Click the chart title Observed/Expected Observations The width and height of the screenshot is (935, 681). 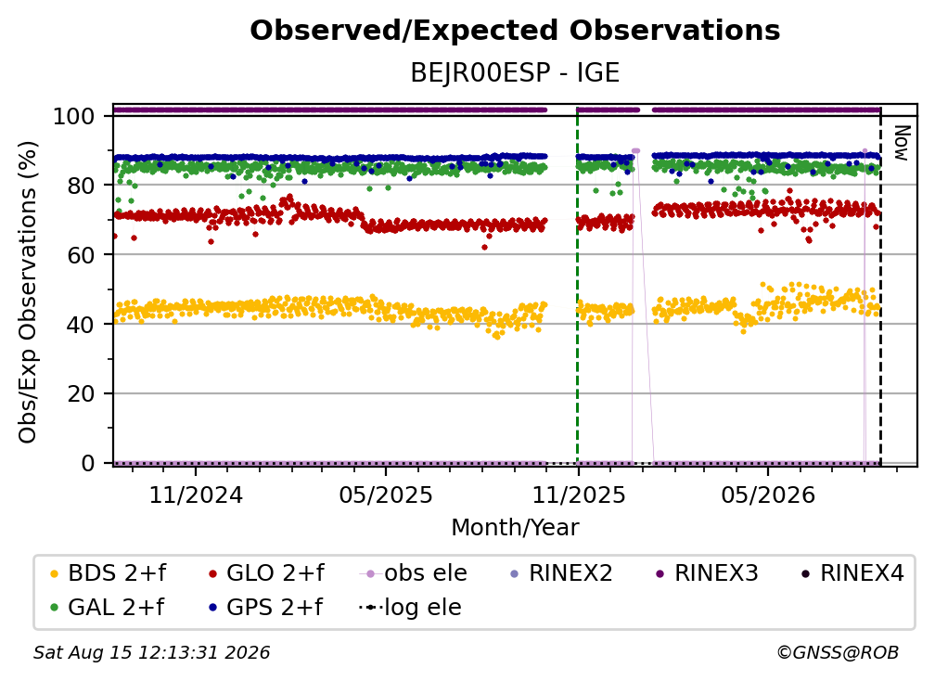coord(515,31)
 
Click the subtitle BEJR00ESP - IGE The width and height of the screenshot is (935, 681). coord(515,72)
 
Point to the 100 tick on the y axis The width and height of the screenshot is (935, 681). coord(74,116)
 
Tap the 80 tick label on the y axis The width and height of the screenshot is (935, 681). coord(81,186)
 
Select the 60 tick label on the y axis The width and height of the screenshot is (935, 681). coord(81,255)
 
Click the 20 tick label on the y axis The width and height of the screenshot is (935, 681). coord(81,394)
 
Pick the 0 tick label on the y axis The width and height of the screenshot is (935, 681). coord(88,463)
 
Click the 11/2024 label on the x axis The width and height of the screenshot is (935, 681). coord(197,495)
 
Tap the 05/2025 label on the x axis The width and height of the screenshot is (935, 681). coord(386,495)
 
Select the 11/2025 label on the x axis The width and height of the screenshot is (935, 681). coord(579,495)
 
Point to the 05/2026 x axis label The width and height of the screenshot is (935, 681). coord(768,495)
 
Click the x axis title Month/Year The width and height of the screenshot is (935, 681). coord(515,528)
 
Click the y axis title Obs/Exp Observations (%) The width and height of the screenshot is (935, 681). coord(28,292)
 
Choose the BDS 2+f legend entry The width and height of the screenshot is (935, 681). coord(108,573)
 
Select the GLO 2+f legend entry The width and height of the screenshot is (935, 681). coord(266,573)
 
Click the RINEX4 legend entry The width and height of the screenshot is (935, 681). coord(852,573)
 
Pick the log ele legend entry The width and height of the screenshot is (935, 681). coord(410,608)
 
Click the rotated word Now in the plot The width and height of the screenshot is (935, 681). coord(901,143)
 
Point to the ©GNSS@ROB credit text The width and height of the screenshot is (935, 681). coord(838,653)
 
